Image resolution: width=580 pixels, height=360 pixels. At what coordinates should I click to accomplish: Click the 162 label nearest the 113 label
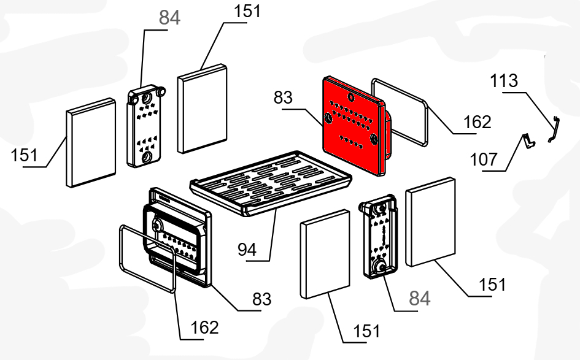477,122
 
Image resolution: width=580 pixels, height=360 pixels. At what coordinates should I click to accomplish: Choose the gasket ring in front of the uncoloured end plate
147,258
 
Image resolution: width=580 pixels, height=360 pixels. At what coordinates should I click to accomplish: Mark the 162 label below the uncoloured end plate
204,327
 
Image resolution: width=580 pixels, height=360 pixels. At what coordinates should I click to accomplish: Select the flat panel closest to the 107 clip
430,221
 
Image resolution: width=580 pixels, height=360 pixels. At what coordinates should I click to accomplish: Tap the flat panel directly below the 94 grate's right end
325,253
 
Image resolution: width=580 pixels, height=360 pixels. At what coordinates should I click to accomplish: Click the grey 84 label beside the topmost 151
169,18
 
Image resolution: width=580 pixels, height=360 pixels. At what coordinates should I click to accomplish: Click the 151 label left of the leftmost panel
24,155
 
